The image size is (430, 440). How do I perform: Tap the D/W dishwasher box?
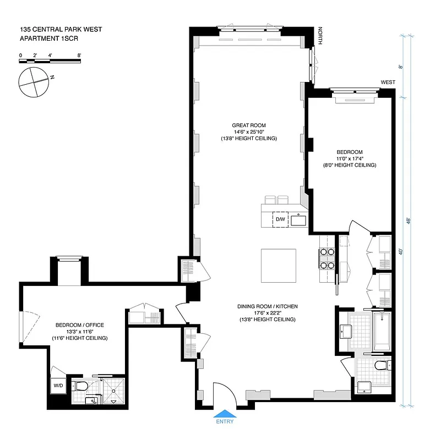280,219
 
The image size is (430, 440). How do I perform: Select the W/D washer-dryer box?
58,386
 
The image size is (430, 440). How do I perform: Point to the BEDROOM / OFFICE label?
79,325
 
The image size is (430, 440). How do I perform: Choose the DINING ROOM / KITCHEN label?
267,306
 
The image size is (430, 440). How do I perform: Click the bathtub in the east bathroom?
382,332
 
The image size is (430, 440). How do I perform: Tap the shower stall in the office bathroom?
113,391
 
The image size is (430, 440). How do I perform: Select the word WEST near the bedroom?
388,82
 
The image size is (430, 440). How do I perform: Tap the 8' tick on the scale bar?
79,56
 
